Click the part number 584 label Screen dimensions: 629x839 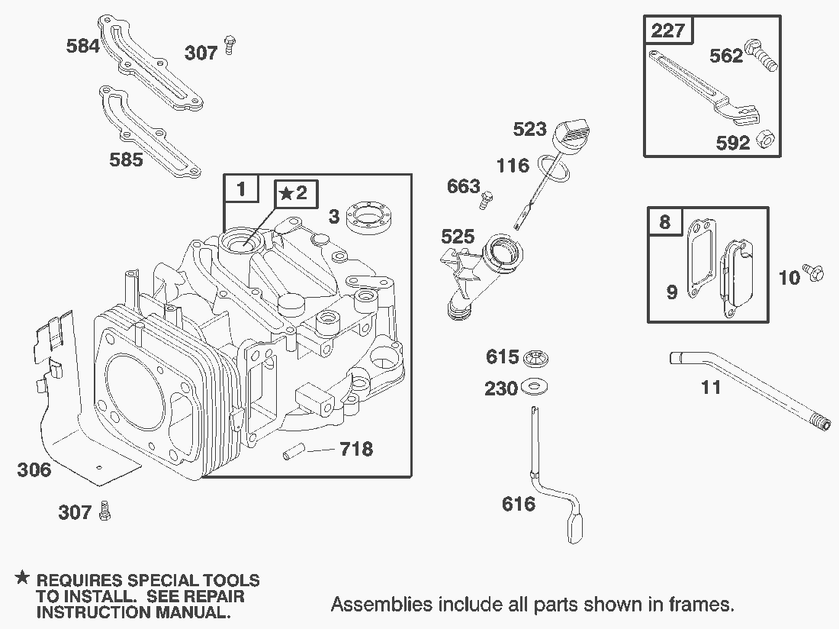click(x=83, y=46)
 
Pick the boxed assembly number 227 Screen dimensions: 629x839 click(x=668, y=31)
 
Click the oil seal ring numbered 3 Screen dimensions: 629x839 click(x=369, y=215)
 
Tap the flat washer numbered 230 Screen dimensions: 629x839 click(x=536, y=389)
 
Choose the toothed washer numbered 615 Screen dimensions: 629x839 click(x=536, y=357)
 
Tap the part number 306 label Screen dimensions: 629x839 click(x=34, y=469)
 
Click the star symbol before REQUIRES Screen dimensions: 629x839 click(x=24, y=579)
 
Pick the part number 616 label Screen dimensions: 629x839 click(x=519, y=504)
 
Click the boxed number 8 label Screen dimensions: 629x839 click(x=665, y=221)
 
